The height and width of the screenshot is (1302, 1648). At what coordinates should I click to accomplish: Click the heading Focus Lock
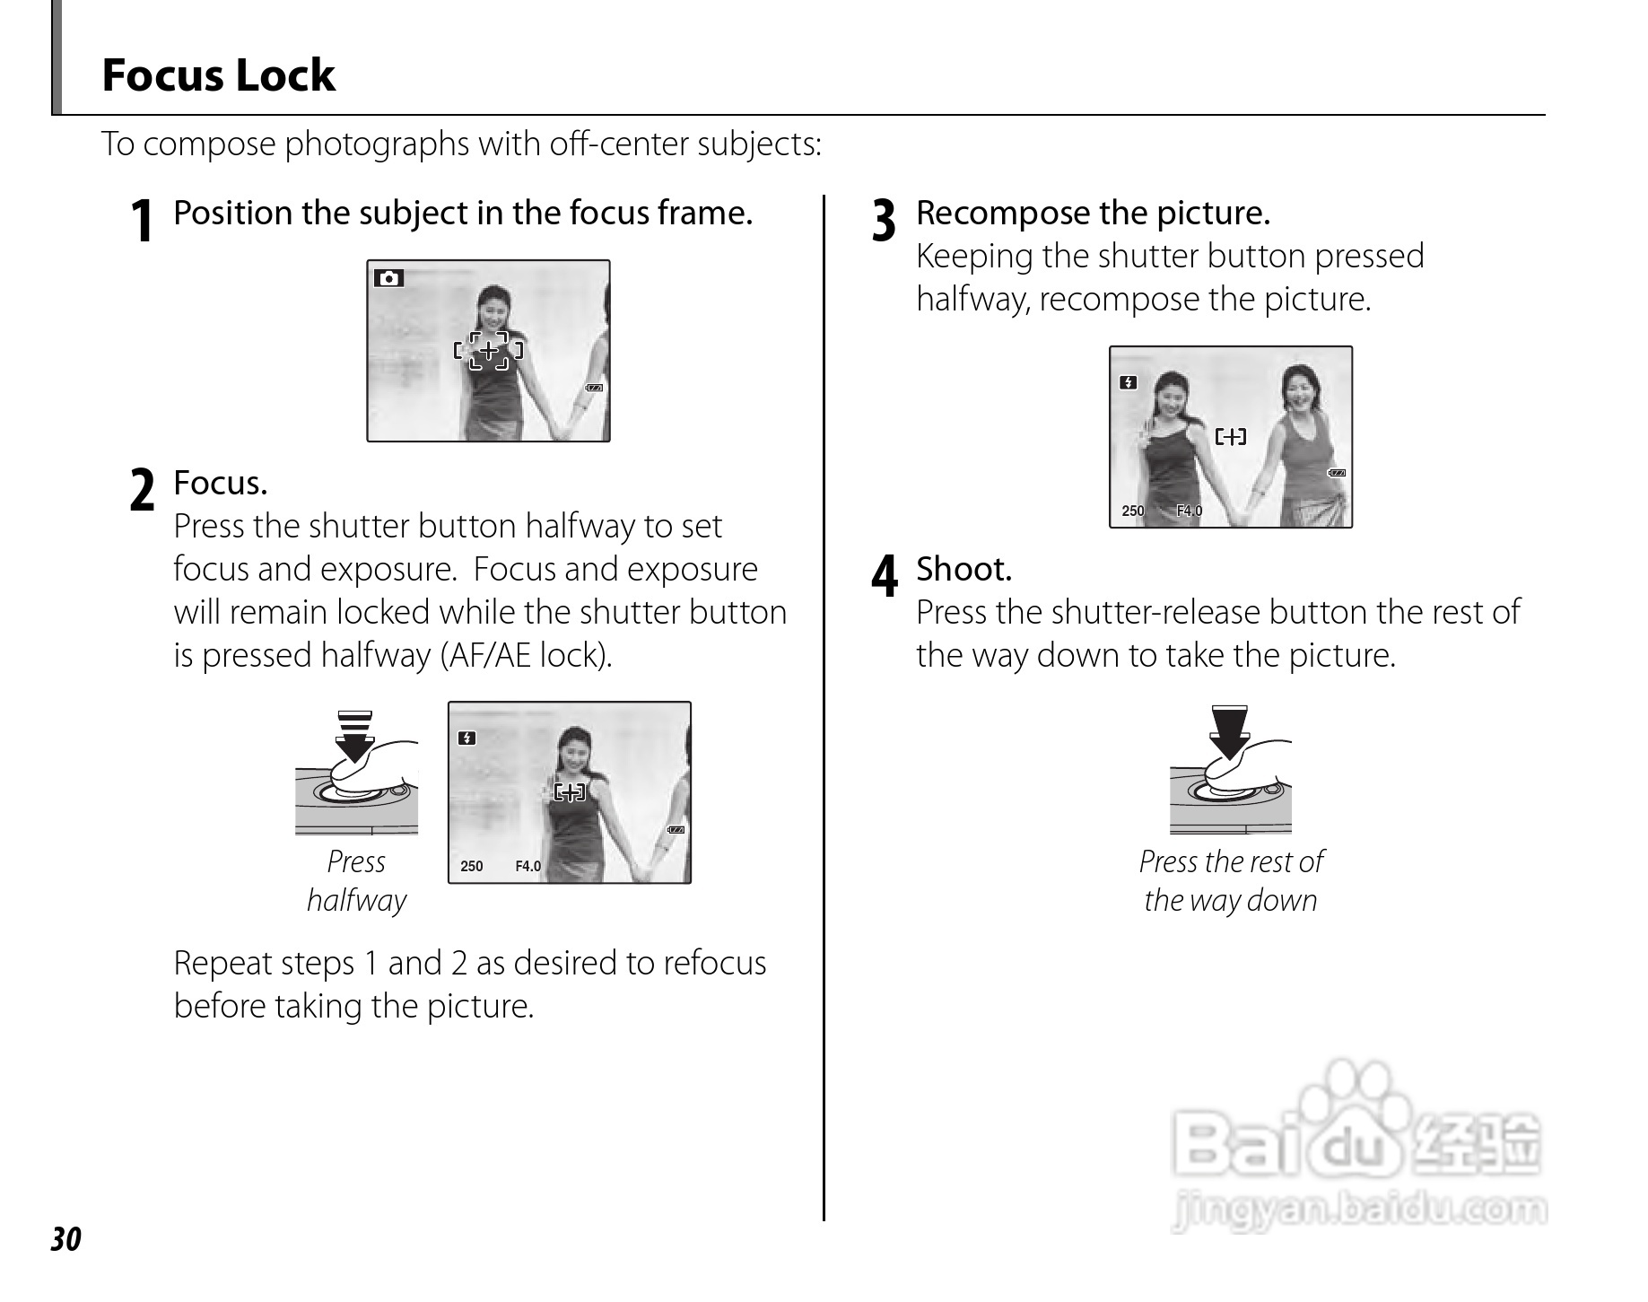(218, 74)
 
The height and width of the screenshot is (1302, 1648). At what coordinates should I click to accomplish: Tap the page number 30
(65, 1239)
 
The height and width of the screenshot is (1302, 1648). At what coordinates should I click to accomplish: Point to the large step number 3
(884, 221)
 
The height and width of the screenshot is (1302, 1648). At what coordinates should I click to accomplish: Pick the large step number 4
(885, 576)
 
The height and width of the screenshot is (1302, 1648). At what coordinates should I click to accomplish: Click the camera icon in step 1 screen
(388, 278)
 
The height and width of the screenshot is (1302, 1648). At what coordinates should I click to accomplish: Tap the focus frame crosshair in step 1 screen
(488, 350)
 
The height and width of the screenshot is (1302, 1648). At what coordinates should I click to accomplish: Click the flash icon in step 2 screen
(466, 738)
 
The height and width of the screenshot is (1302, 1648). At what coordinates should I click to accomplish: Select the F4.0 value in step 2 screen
(528, 867)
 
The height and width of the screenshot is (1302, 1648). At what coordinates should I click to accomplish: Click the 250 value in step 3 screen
(1133, 511)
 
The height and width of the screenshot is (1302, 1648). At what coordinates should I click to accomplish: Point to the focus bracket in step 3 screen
(1230, 437)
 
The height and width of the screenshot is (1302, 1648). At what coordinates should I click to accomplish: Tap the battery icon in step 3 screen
(1337, 473)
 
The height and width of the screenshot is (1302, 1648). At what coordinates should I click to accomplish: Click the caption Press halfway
(356, 880)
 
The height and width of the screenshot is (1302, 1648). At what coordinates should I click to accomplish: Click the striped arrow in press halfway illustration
(355, 734)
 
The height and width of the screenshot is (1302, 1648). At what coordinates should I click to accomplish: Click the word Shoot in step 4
(964, 569)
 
